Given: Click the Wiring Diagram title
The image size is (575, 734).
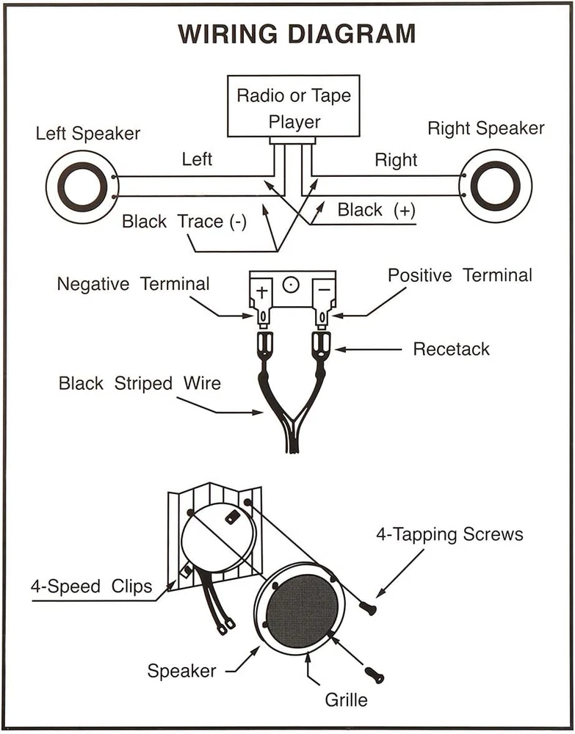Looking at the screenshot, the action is coord(297,34).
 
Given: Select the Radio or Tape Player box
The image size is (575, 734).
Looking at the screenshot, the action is coord(294,106).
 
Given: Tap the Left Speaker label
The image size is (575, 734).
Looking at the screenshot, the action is coord(88,134).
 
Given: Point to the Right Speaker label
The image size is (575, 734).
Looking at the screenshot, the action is coord(486,128).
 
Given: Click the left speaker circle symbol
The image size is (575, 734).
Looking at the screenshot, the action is coord(82,186).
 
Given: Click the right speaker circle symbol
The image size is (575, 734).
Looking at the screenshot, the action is coord(495,186).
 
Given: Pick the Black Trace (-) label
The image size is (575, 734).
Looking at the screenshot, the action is coord(184,222).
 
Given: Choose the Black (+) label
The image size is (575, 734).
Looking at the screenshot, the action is coord(377,210).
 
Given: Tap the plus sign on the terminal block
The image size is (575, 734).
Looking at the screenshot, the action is coord(261,292).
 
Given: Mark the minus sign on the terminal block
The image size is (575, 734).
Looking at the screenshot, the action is coord(324,290).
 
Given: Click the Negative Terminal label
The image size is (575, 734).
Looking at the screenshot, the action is coord(133,283).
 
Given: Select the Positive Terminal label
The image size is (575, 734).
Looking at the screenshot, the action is coord(460,275).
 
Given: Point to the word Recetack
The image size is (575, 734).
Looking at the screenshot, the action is coord(452,349).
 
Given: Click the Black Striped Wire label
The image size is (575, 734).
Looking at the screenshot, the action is coord(140,383).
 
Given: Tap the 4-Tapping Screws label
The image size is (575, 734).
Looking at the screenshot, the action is coord(449,534).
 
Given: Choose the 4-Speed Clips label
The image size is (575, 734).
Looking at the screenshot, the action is coord(91,586).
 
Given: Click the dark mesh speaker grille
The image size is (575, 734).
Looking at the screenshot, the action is coord(302,608).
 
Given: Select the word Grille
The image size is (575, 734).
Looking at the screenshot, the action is coord(346,700).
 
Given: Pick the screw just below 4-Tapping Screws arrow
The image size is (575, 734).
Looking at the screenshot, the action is coord(368,608).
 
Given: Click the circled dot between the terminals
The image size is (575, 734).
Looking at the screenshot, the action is coord(291,284).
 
